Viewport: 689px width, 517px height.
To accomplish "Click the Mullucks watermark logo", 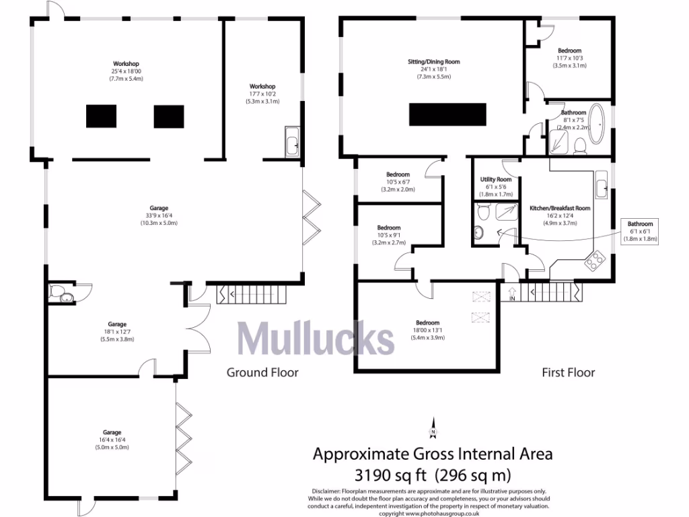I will pyautogui.click(x=314, y=338).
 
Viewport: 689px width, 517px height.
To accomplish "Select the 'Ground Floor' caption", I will pyautogui.click(x=262, y=372).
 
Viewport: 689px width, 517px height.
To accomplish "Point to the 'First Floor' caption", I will pyautogui.click(x=569, y=372).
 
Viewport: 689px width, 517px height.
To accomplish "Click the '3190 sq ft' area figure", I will pyautogui.click(x=386, y=474).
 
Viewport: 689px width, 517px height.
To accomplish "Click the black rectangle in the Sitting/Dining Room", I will pyautogui.click(x=447, y=114).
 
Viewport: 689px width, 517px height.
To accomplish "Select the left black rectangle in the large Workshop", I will pyautogui.click(x=101, y=116).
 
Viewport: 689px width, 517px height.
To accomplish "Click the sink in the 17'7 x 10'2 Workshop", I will pyautogui.click(x=293, y=143).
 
